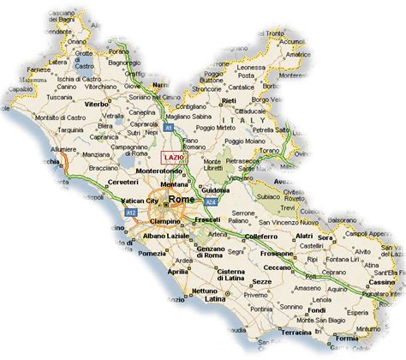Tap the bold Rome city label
point(182,200)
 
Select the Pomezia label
point(152,255)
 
